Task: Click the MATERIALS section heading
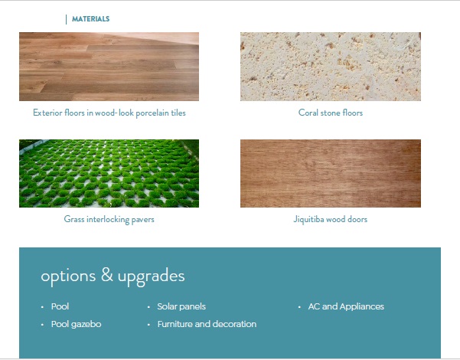pos(90,19)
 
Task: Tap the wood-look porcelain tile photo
pos(109,67)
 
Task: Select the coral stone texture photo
pos(331,67)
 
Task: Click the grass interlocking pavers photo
pos(109,174)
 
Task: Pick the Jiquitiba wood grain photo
pos(331,174)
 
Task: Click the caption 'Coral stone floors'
pos(331,113)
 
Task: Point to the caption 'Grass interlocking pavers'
pos(109,219)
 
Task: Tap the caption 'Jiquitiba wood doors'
pos(331,219)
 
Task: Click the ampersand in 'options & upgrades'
pos(107,274)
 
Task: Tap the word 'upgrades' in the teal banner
pos(151,277)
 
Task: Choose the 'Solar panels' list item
pos(181,306)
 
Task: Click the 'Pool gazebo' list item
pos(76,325)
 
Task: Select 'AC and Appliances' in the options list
pos(346,306)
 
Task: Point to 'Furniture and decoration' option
pos(207,324)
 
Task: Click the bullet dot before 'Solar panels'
pos(148,307)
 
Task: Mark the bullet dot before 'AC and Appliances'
pos(299,307)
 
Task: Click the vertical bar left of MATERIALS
pos(67,20)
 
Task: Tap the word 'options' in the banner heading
pos(68,277)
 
